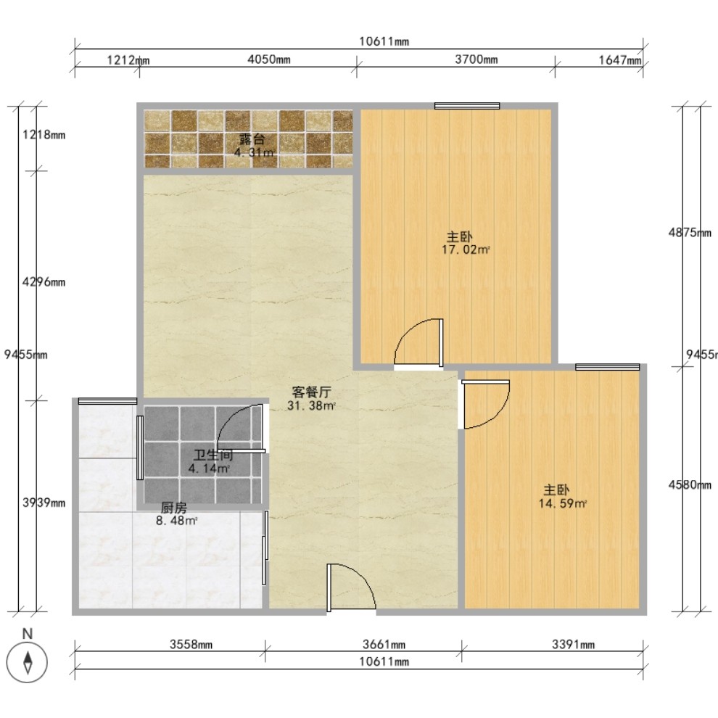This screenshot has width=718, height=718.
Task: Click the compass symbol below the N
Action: click(28, 662)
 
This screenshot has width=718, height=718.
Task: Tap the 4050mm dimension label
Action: click(269, 59)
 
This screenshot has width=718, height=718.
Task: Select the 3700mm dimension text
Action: click(476, 59)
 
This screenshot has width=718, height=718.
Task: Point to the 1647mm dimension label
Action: click(620, 59)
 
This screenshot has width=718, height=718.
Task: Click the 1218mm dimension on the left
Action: click(44, 135)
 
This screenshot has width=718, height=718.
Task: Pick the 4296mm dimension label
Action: click(44, 282)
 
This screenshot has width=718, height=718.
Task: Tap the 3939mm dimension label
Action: click(44, 503)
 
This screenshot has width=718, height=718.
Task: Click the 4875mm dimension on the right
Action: click(690, 233)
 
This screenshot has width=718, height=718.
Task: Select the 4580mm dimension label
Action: click(690, 484)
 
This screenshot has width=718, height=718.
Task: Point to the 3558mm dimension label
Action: click(191, 645)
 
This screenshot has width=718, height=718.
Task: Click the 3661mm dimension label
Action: click(384, 645)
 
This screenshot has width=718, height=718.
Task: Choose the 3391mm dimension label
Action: click(573, 645)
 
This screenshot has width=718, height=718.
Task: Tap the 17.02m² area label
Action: click(466, 249)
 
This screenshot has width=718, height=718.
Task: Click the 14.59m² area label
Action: click(563, 504)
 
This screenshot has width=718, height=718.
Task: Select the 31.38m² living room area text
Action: click(311, 405)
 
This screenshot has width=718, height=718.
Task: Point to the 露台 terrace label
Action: click(252, 139)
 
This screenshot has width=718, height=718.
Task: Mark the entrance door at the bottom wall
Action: click(351, 587)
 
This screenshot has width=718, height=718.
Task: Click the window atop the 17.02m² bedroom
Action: click(467, 106)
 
